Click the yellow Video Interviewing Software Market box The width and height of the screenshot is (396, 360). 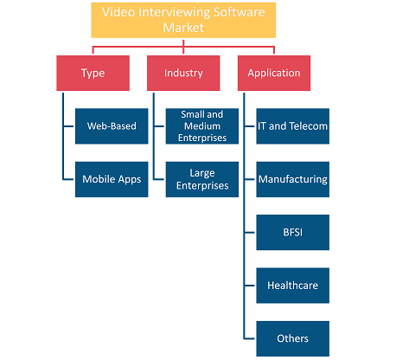183,20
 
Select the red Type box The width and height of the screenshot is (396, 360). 93,73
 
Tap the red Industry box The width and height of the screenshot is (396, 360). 183,73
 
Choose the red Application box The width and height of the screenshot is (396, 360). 274,73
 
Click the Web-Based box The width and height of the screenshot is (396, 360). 112,126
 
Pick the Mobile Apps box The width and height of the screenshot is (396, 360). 112,179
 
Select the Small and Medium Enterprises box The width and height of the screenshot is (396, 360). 202,126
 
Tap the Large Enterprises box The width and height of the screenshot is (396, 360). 202,179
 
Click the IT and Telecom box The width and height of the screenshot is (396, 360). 293,126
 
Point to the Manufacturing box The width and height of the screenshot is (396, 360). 293,179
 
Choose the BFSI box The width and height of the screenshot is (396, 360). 293,232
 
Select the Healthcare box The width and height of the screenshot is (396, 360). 293,286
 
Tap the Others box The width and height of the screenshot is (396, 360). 293,338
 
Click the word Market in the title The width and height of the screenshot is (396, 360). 183,28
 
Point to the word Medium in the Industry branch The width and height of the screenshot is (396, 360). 202,126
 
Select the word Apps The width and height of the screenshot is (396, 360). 130,180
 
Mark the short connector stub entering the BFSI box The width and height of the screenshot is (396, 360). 250,232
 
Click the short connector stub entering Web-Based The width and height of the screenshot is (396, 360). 68,126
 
